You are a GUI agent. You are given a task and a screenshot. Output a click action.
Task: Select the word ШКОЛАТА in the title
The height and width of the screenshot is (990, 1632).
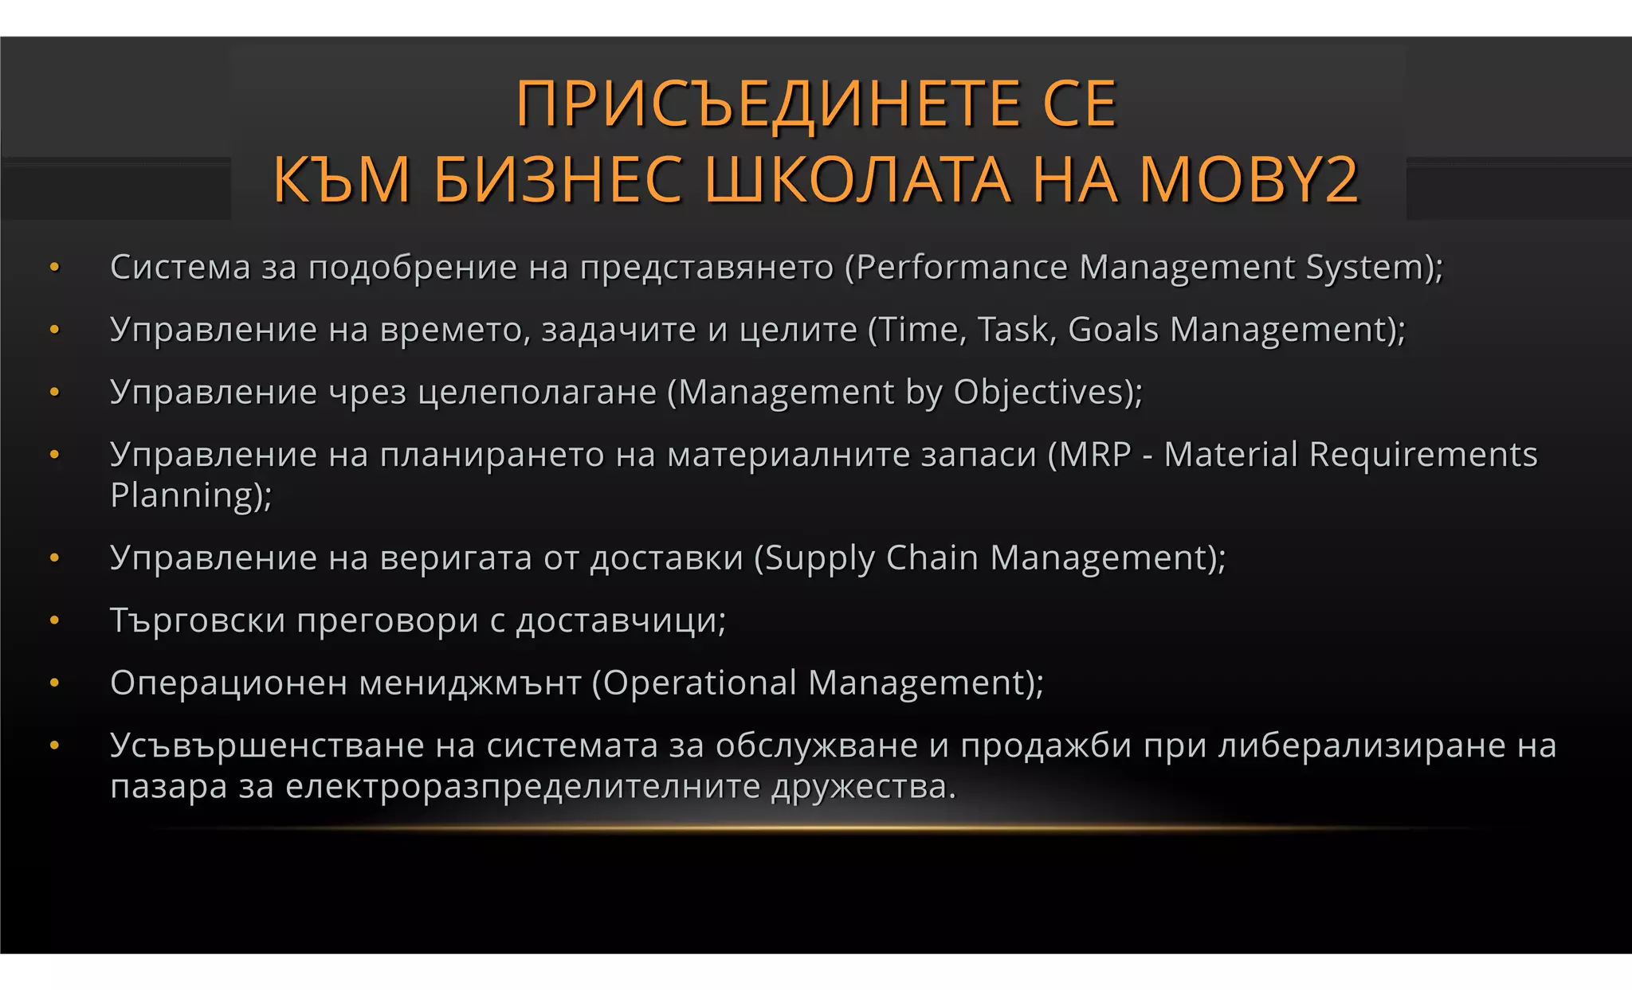click(x=858, y=180)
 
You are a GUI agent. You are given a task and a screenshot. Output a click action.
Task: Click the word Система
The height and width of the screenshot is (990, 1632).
click(x=180, y=268)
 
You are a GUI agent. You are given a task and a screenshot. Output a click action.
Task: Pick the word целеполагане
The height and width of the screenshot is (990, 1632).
click(x=536, y=393)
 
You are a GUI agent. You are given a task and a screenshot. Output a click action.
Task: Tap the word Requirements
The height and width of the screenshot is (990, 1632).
click(x=1423, y=455)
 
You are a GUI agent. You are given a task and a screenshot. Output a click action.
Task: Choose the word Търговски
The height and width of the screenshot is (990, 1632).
click(x=197, y=621)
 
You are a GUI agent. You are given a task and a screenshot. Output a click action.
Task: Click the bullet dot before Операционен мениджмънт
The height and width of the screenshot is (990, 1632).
click(x=55, y=683)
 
